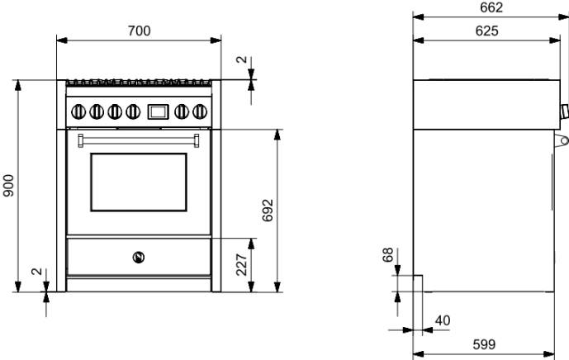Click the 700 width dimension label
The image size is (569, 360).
point(140,31)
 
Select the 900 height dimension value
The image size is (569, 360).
point(8,186)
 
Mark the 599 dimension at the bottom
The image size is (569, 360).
point(486,343)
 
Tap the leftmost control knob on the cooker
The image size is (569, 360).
point(78,110)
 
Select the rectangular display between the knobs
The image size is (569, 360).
point(157,110)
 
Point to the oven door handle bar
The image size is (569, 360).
point(139,138)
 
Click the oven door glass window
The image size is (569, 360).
point(139,180)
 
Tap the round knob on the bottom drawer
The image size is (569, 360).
point(138,256)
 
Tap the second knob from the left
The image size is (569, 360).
point(97,110)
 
